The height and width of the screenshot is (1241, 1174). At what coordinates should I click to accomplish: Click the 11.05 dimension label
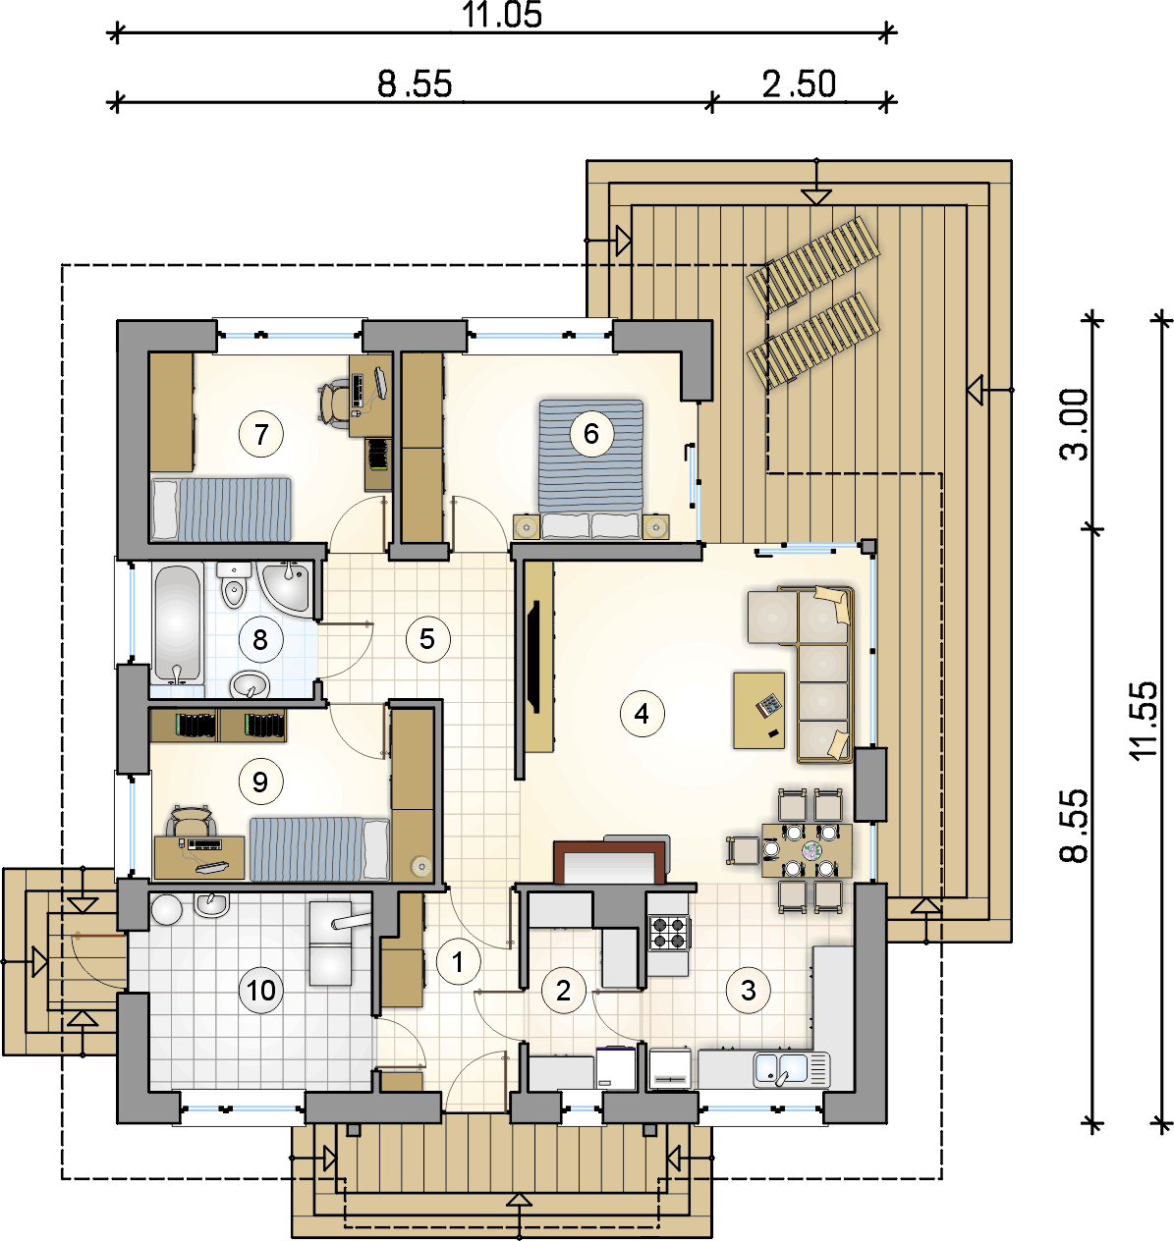502,15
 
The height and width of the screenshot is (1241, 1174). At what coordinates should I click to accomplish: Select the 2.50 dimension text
800,84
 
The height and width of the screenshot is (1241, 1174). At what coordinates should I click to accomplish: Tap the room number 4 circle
642,714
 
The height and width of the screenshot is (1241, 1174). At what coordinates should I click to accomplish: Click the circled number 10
261,991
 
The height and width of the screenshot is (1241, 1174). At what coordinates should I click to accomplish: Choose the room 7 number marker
261,434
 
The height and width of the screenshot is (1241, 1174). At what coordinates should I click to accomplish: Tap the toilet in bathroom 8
233,584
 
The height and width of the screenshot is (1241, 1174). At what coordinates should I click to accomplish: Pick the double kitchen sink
791,1068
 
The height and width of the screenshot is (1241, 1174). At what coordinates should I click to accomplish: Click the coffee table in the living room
758,711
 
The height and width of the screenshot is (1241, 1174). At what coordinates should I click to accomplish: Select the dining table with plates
807,850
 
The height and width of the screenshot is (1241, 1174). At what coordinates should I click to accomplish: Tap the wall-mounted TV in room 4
533,657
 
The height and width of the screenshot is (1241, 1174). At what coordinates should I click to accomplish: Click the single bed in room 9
319,848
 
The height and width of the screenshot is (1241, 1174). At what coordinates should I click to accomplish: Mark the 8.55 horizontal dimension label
416,84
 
